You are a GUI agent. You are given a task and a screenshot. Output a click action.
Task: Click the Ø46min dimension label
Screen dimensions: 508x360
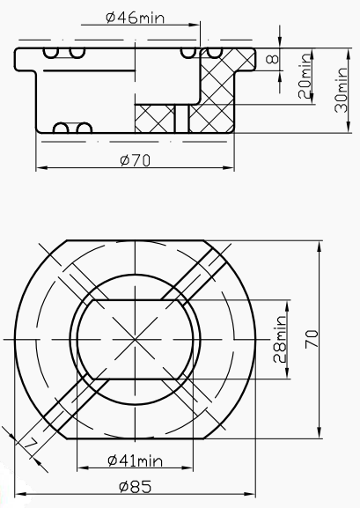pyautogui.click(x=135, y=17)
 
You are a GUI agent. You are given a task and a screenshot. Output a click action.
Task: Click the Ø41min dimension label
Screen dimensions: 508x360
pyautogui.click(x=135, y=460)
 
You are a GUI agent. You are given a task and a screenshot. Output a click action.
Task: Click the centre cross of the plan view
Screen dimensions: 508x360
pyautogui.click(x=135, y=339)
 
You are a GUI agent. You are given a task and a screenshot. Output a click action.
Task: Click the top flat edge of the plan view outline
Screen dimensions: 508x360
pyautogui.click(x=135, y=239)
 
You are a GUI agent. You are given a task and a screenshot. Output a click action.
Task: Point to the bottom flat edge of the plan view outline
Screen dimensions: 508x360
pyautogui.click(x=135, y=438)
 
